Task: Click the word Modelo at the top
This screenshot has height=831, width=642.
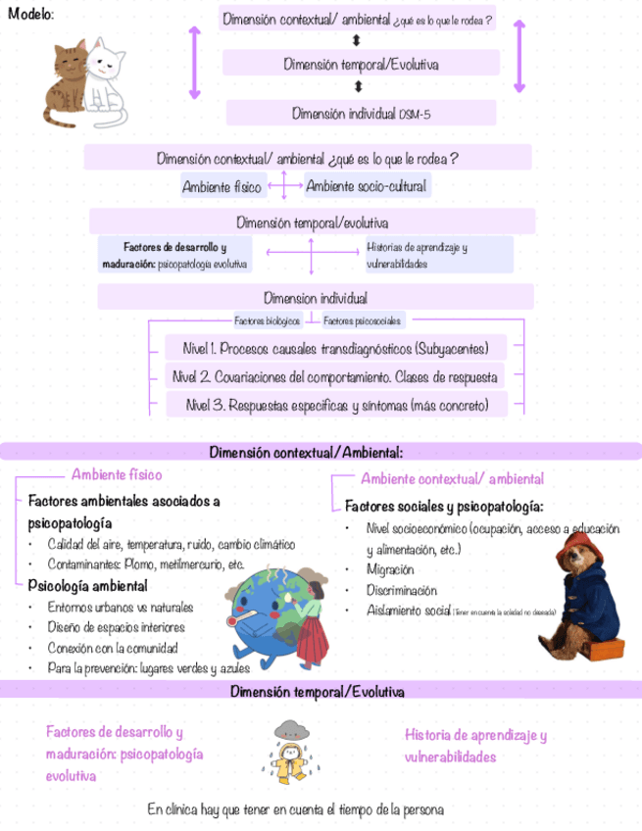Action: pos(30,15)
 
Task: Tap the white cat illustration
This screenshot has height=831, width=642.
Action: pos(105,83)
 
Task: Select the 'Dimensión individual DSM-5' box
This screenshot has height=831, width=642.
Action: pos(361,114)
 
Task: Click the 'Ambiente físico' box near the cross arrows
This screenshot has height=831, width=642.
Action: pos(222,186)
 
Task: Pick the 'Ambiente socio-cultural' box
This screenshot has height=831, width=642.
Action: pos(366,186)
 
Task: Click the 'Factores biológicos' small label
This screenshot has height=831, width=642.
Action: pos(260,320)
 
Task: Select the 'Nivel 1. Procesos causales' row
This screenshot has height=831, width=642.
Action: pos(335,349)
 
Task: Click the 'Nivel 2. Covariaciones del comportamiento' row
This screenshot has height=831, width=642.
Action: pos(334,376)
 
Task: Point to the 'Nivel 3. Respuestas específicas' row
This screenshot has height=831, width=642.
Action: pos(334,404)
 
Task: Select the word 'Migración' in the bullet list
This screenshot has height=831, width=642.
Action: pos(389,570)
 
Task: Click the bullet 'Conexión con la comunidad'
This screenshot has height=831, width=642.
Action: pos(112,648)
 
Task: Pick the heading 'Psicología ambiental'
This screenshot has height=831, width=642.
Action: pos(87,586)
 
